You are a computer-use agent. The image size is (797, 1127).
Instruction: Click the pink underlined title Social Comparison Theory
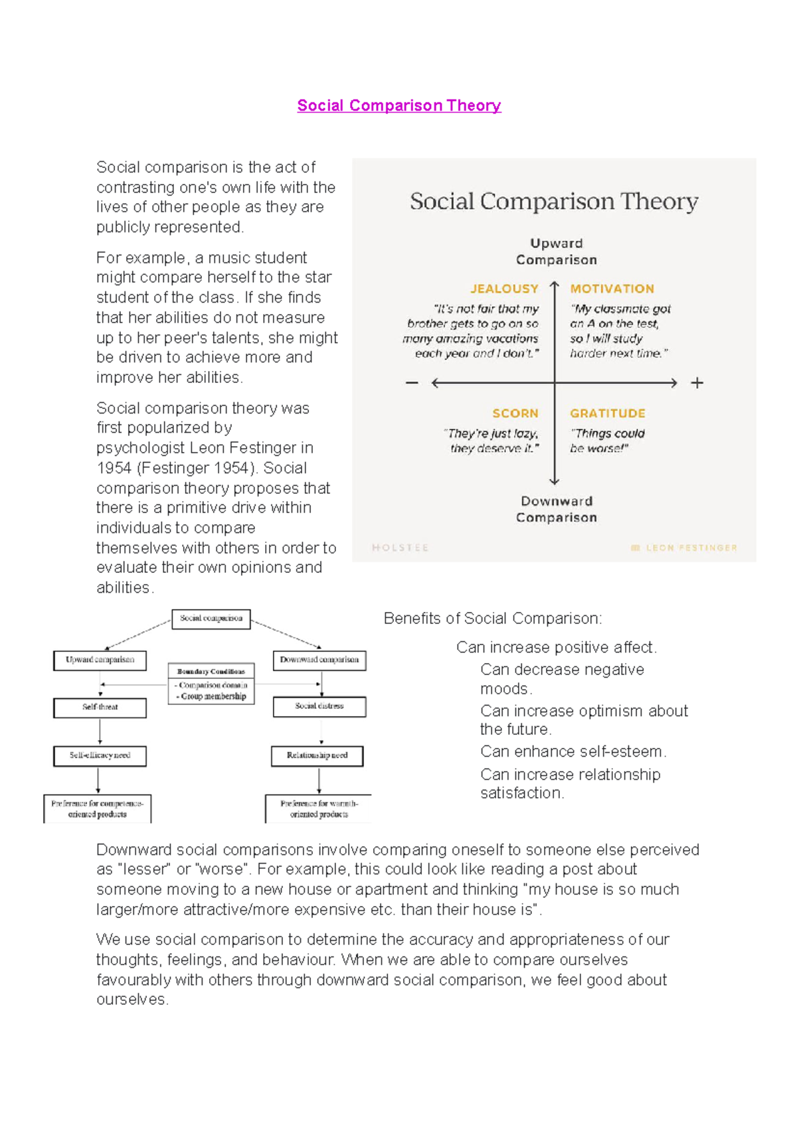(398, 106)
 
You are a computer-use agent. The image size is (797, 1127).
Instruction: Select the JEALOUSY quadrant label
(504, 289)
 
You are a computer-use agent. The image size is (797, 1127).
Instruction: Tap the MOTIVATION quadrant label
(612, 289)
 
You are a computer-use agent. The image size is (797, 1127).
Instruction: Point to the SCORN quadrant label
(515, 413)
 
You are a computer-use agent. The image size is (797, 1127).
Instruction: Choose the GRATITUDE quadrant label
(607, 413)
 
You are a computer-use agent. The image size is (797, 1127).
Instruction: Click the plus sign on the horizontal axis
(697, 383)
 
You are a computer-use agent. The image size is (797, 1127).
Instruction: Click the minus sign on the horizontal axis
(412, 383)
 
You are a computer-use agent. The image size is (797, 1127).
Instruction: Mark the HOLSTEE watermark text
(400, 548)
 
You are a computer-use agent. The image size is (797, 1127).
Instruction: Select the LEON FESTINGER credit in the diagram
(691, 548)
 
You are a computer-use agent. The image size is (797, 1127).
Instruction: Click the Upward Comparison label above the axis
(557, 252)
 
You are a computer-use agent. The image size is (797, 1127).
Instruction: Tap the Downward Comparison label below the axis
(557, 509)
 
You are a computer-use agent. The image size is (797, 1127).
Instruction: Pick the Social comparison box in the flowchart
(211, 619)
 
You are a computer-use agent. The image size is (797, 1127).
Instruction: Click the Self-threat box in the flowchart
(100, 708)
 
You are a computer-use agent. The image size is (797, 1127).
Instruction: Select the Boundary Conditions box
(211, 672)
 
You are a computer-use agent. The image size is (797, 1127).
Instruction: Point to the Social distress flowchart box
(319, 706)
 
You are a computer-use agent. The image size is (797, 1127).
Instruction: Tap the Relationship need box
(317, 755)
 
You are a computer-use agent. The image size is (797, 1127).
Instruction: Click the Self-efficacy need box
(100, 755)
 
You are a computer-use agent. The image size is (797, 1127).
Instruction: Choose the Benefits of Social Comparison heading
(493, 619)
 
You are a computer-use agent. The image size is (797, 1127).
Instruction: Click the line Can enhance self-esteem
(573, 751)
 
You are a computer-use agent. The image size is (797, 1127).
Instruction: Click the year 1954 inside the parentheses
(232, 468)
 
